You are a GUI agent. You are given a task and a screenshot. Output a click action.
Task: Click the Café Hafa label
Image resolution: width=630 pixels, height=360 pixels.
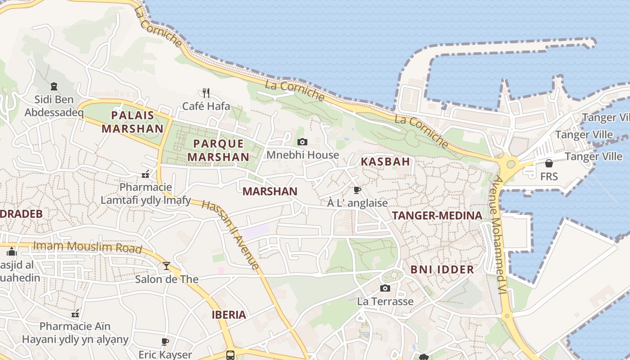click(206, 106)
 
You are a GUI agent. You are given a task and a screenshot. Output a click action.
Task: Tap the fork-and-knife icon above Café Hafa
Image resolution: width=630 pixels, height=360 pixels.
click(206, 93)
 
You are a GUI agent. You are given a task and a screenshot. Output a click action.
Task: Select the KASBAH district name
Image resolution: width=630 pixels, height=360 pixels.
click(386, 162)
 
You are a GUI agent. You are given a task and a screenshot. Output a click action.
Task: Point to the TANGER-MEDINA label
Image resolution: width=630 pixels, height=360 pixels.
click(437, 216)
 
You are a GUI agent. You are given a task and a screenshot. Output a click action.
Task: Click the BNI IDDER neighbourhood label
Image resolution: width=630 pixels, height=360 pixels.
click(442, 270)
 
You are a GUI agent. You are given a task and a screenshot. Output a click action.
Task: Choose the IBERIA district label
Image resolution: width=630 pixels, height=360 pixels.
click(229, 315)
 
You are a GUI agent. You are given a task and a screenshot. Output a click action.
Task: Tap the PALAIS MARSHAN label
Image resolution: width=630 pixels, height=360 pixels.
click(132, 122)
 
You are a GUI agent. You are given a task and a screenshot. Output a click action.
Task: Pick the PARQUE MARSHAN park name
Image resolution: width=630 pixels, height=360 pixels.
click(218, 150)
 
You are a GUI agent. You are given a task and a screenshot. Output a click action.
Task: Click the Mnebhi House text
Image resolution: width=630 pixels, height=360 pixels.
click(303, 155)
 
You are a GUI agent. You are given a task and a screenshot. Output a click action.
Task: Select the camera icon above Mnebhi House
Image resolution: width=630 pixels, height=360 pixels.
click(302, 142)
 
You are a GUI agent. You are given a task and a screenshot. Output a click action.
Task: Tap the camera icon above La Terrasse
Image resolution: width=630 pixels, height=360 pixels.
click(385, 288)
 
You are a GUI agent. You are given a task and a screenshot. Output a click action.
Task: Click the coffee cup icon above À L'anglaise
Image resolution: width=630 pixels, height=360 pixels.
click(357, 190)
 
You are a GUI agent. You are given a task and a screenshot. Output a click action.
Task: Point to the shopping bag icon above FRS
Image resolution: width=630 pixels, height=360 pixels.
click(549, 163)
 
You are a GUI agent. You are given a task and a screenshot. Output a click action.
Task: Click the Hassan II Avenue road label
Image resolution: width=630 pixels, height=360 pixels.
click(230, 235)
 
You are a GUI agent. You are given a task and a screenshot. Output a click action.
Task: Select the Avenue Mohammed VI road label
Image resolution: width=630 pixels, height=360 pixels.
click(501, 234)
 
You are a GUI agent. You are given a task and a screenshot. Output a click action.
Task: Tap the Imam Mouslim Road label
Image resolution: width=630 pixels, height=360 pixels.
click(88, 247)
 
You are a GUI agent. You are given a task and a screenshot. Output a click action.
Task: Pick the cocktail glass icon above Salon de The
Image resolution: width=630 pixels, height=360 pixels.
click(166, 266)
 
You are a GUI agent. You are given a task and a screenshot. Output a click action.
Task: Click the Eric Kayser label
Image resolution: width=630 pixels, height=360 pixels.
click(165, 355)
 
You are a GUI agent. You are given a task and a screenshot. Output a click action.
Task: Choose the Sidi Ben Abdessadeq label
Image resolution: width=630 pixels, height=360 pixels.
click(54, 106)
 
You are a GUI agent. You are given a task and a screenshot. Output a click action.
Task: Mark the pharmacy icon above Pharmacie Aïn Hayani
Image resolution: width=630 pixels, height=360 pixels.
click(75, 313)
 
